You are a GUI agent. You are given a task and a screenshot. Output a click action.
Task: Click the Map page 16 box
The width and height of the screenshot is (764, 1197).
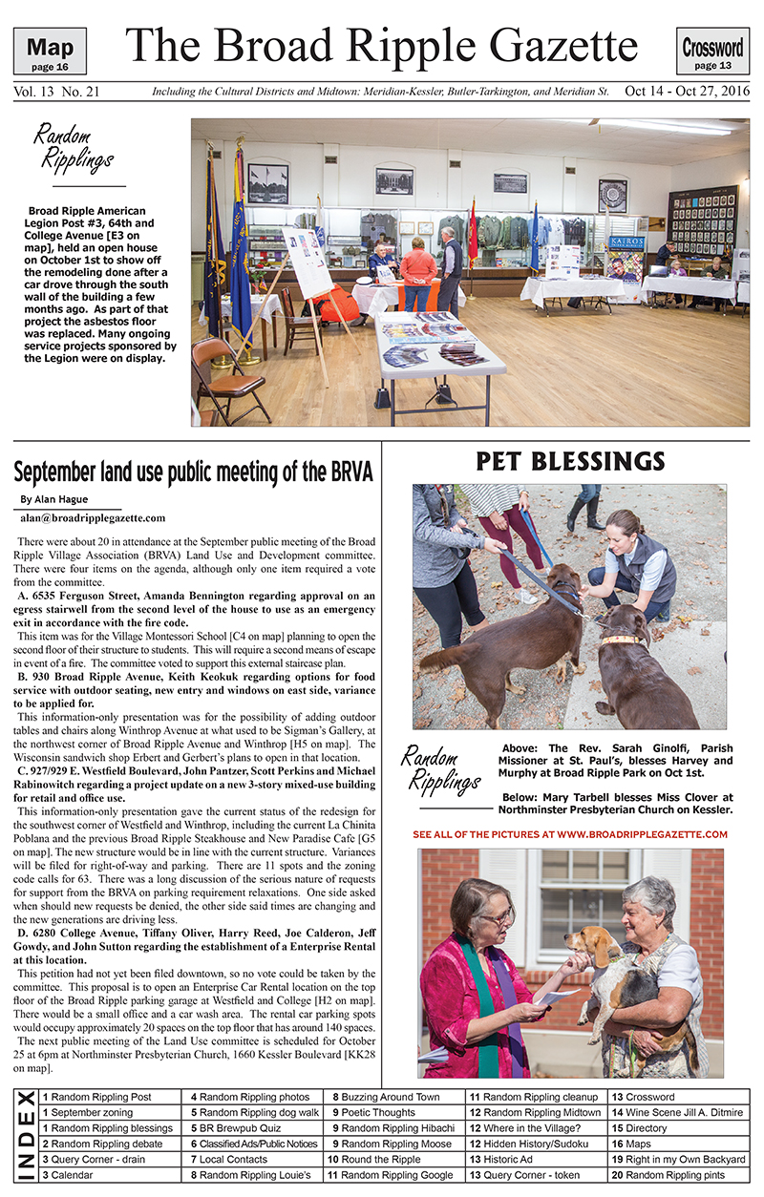pyautogui.click(x=50, y=52)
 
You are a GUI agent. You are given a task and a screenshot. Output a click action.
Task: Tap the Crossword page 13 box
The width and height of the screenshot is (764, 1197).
pyautogui.click(x=712, y=52)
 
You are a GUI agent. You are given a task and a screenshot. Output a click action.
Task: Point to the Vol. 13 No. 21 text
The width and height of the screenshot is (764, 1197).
pyautogui.click(x=56, y=93)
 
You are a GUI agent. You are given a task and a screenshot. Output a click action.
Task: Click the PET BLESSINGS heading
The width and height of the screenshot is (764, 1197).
pyautogui.click(x=570, y=462)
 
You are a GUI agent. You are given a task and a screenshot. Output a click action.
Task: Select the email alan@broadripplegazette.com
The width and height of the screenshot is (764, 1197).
pyautogui.click(x=92, y=518)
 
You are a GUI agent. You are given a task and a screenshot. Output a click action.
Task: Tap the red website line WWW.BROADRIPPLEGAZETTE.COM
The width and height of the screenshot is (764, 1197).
pyautogui.click(x=570, y=833)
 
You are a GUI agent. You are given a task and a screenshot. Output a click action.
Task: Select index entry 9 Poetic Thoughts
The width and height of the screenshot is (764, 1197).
pyautogui.click(x=373, y=1112)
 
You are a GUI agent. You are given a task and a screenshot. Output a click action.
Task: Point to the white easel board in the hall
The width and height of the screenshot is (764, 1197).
pyautogui.click(x=307, y=262)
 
